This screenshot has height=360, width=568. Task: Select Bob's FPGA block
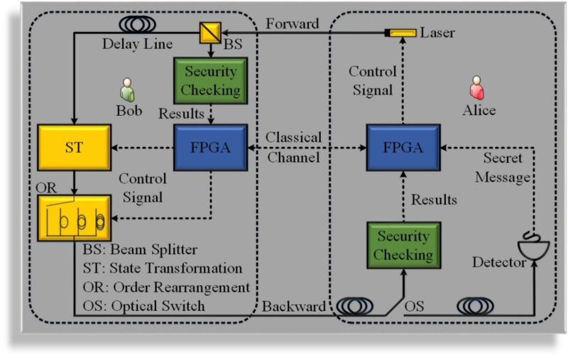point(210,148)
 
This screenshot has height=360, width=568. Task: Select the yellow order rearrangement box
point(75,217)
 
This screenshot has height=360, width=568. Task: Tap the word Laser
point(437,33)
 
